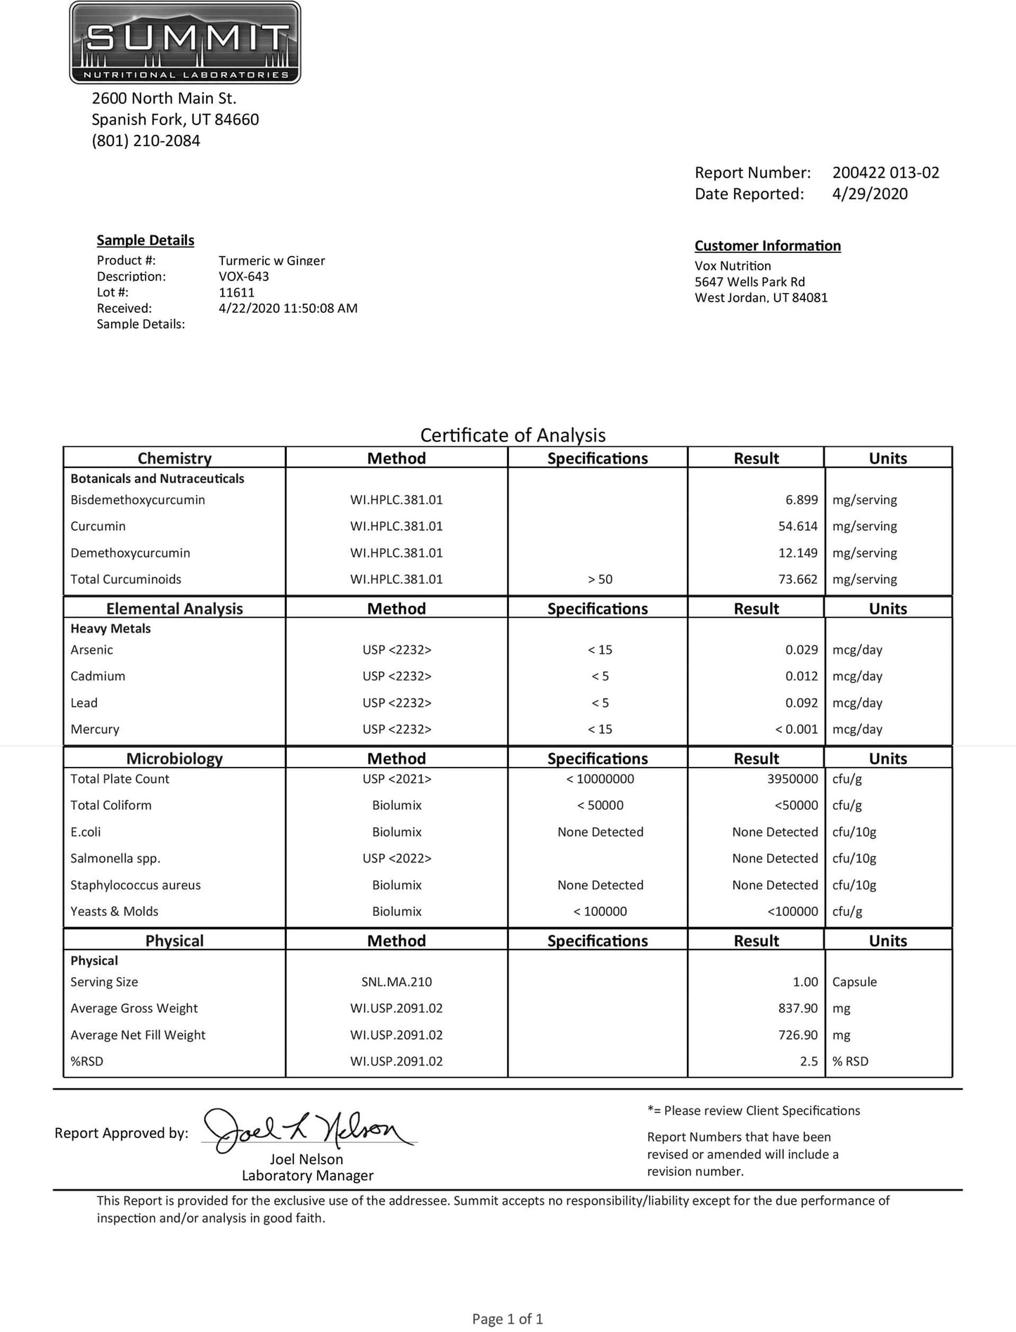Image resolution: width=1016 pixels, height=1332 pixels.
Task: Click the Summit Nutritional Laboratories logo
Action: tap(185, 42)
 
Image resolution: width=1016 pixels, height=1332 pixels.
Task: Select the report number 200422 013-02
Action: tap(885, 172)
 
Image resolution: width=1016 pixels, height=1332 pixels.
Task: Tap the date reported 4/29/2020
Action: tap(870, 194)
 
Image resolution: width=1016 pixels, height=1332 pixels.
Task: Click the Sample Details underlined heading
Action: tap(146, 240)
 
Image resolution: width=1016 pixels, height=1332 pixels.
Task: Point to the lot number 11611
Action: tap(236, 292)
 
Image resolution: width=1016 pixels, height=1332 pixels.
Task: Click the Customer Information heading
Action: tap(767, 246)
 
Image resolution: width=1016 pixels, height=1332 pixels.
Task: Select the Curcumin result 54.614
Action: tap(797, 526)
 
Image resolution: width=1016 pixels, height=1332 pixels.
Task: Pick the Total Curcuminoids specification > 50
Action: tap(600, 579)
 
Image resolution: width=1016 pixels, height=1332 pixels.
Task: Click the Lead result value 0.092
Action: tap(801, 703)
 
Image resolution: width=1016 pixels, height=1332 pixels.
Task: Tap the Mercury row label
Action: tap(95, 730)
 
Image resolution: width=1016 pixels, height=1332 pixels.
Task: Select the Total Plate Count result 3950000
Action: tap(791, 779)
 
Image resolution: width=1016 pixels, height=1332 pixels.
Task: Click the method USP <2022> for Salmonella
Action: tap(397, 858)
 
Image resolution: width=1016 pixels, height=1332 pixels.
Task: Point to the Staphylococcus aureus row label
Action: tap(135, 885)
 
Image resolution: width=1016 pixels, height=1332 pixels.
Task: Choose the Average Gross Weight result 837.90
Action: tap(797, 1009)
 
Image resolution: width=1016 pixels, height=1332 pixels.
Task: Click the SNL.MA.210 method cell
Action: tap(397, 982)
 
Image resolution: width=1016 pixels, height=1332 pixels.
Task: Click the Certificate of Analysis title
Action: tap(513, 435)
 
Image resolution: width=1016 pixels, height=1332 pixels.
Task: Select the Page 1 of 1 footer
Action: tap(508, 1319)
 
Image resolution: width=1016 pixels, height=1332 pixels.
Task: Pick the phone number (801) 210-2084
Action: tap(146, 141)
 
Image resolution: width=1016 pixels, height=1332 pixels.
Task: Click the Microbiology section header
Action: tap(174, 758)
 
